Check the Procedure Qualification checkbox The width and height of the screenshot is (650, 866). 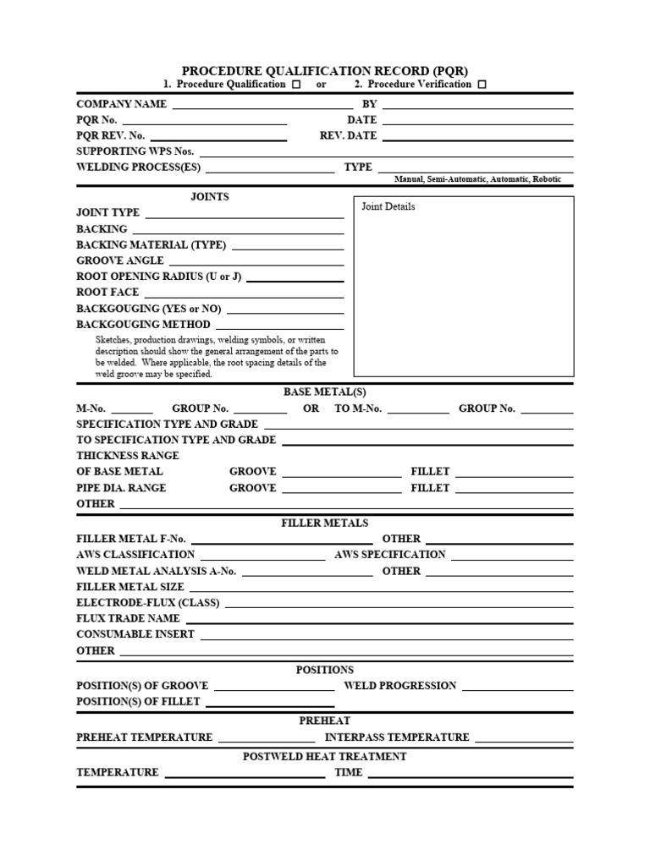click(295, 85)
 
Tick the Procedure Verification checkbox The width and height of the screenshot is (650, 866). click(482, 85)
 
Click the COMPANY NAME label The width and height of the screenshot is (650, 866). click(122, 104)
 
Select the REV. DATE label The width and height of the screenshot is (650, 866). click(349, 135)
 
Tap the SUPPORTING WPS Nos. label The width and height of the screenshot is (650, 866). click(135, 151)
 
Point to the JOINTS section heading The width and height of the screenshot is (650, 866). click(210, 197)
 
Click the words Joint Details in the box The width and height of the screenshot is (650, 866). click(388, 207)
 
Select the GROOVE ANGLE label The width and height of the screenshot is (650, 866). click(120, 260)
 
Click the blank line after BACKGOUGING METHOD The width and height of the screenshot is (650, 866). click(280, 325)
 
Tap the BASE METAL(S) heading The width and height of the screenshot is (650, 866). click(325, 392)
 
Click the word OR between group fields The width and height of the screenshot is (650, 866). click(311, 408)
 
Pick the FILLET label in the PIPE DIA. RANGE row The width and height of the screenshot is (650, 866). click(430, 488)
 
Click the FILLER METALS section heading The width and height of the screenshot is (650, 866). click(325, 523)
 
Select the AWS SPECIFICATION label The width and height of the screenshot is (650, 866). click(390, 555)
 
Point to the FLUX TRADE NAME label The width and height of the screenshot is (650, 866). click(128, 618)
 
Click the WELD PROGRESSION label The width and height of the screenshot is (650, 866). click(400, 686)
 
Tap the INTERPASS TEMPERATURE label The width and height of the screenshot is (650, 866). click(398, 737)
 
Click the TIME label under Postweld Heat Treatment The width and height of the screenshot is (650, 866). click(349, 772)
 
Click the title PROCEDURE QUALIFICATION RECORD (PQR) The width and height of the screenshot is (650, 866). click(325, 71)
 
